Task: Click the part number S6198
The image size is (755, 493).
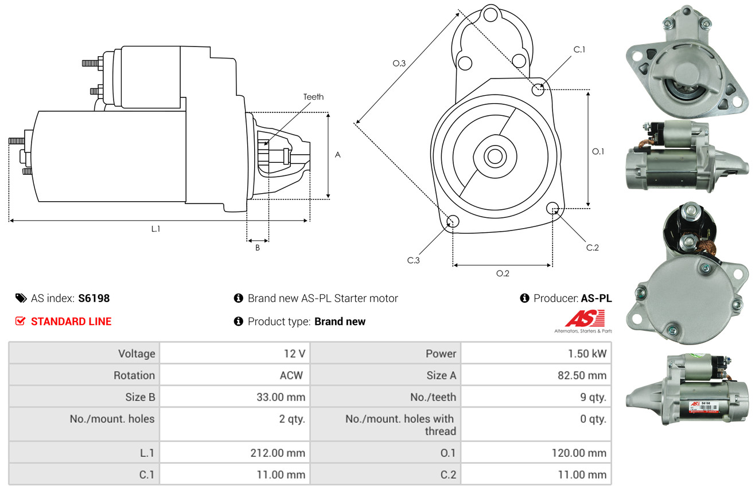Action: tap(94, 298)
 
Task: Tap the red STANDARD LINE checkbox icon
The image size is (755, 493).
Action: tap(20, 321)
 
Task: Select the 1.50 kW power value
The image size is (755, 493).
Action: tap(587, 354)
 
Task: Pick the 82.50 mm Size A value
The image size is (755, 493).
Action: tap(582, 375)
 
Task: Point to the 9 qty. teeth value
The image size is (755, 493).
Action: tap(593, 397)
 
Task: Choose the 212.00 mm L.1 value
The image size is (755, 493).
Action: tap(278, 453)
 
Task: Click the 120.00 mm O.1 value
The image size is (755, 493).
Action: tap(579, 453)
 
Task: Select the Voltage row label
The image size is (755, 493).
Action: tap(137, 354)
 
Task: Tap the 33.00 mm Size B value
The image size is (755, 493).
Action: tap(281, 397)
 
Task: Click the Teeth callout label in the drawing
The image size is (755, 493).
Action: tap(313, 97)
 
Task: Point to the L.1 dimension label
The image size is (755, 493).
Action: tap(155, 229)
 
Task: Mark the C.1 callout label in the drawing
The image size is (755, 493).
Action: tap(579, 49)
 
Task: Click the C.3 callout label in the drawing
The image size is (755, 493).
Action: tap(413, 260)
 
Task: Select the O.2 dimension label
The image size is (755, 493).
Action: tap(503, 273)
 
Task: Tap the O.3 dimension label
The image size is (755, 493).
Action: tap(399, 63)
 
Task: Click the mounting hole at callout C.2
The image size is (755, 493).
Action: tap(552, 208)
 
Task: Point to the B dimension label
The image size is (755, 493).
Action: tap(258, 248)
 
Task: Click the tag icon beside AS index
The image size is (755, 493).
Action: tap(21, 298)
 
